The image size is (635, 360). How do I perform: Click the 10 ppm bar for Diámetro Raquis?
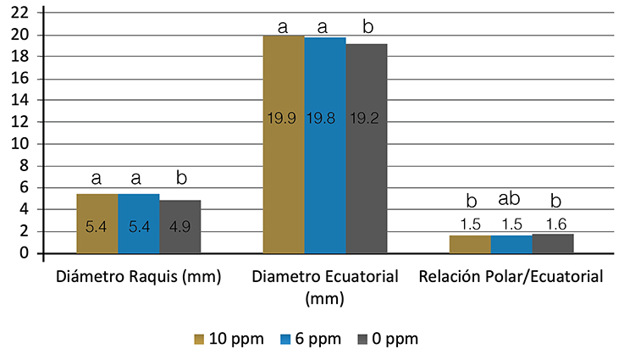(x=97, y=224)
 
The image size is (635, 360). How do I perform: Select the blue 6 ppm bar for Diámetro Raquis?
(x=139, y=224)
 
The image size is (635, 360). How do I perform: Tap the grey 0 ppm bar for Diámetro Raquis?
(x=179, y=226)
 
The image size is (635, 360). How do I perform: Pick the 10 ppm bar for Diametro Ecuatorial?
(x=284, y=144)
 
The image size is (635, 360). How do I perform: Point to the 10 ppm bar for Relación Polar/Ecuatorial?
(x=470, y=244)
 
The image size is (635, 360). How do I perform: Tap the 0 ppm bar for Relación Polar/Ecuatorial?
(x=553, y=243)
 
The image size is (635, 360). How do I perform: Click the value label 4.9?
(x=179, y=228)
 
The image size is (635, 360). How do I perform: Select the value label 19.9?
(x=284, y=119)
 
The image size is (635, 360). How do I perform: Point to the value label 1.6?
(x=553, y=224)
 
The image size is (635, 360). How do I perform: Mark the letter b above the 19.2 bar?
(x=367, y=26)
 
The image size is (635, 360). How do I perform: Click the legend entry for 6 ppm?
(x=311, y=339)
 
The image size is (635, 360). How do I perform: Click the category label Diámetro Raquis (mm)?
(x=139, y=276)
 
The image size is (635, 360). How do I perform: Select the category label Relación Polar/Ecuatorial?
(x=511, y=276)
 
